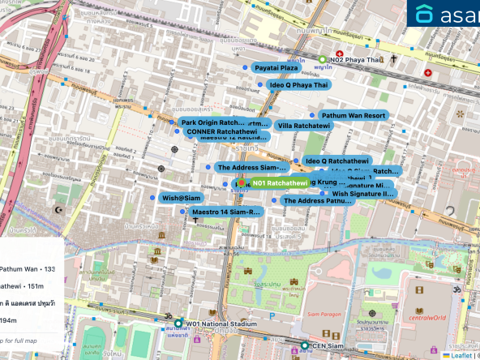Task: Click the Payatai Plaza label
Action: tap(278, 69)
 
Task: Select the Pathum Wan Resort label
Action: tap(352, 116)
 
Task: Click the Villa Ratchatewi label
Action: tap(304, 126)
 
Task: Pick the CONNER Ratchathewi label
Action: tap(216, 131)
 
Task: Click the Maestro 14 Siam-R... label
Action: tap(226, 212)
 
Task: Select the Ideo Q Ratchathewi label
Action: tap(336, 162)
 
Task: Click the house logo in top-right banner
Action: tap(425, 15)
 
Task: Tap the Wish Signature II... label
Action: tap(362, 194)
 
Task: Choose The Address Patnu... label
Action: tap(317, 201)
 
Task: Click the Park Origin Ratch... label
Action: tap(212, 122)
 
